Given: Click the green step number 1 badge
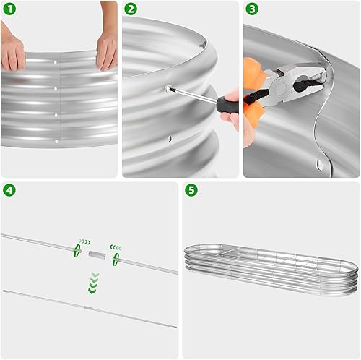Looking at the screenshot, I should coord(9,9).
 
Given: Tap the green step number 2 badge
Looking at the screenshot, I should coord(130,9).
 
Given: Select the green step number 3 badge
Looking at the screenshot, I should coord(251,9).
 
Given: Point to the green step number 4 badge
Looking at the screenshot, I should coord(9,191).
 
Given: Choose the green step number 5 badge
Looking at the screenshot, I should coord(191,191).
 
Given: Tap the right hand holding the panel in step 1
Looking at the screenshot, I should coord(106,47).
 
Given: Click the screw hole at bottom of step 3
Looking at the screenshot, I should coord(318,166).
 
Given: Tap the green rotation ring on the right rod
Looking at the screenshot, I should coord(115,257).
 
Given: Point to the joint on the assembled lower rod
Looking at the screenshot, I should coord(86,308).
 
